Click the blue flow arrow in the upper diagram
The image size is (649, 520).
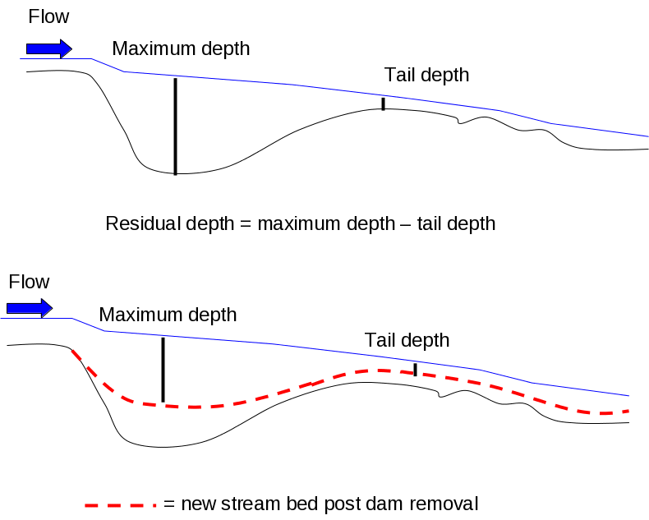point(49,49)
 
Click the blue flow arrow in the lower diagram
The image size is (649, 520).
point(30,308)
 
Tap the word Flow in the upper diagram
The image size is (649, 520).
point(49,16)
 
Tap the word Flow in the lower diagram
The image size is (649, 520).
point(30,283)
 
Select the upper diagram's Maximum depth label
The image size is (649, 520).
point(181,48)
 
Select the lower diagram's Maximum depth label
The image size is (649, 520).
point(168,315)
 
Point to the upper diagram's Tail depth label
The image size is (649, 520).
point(427,76)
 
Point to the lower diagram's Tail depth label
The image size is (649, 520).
point(407,340)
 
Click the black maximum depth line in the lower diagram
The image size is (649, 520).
point(163,370)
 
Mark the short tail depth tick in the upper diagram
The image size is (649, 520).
point(383,104)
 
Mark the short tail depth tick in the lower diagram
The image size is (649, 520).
point(415,369)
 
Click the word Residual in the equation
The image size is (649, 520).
point(137,223)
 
